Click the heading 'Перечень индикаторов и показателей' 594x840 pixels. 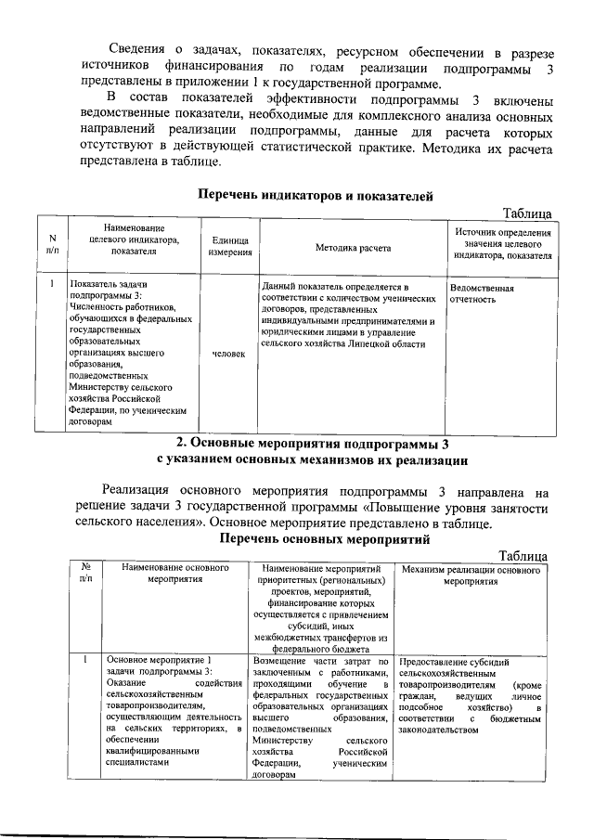316,195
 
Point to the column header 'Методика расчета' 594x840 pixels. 353,248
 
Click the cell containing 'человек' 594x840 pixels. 228,355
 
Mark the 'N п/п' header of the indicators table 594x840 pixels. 51,243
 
